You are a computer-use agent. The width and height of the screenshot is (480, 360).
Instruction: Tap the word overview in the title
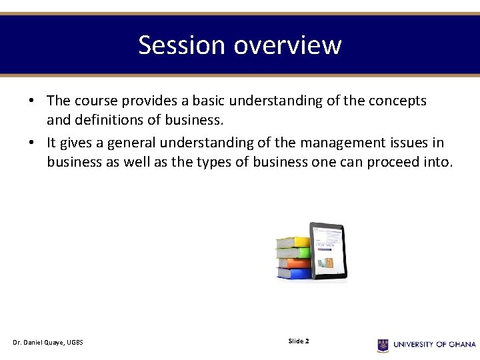coord(287,45)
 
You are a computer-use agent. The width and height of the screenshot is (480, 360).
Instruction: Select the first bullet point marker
coord(31,101)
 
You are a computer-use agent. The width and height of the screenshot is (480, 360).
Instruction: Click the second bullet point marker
coord(31,143)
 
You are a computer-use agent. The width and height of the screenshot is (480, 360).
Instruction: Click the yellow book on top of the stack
coord(293,242)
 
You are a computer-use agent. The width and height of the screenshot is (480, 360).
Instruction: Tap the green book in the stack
coord(293,253)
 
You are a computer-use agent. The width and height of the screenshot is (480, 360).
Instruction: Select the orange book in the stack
coord(293,263)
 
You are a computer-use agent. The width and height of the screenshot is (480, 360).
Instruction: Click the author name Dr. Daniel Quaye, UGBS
coord(47,343)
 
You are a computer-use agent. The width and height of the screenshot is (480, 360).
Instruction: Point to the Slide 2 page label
coord(298,341)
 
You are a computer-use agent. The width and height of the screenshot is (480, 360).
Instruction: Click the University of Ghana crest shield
coord(383,345)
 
